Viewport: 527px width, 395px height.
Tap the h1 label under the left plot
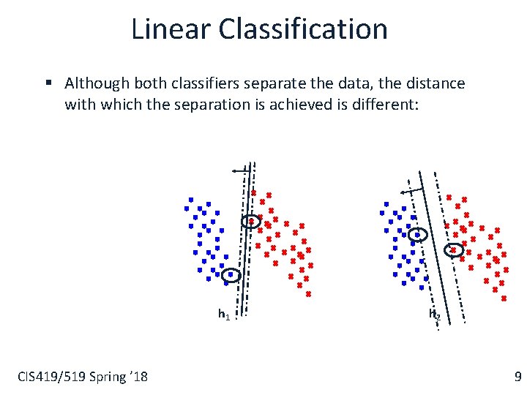[224, 315]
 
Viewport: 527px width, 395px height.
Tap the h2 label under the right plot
[434, 315]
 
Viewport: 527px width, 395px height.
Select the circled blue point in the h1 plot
[231, 275]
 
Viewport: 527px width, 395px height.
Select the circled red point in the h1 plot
[251, 221]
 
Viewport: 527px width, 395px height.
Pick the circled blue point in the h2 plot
[417, 235]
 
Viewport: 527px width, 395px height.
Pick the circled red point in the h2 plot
[453, 249]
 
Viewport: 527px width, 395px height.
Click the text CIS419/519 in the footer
[51, 377]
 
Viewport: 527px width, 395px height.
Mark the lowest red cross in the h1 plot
[308, 294]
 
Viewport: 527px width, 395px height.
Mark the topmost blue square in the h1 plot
[190, 199]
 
